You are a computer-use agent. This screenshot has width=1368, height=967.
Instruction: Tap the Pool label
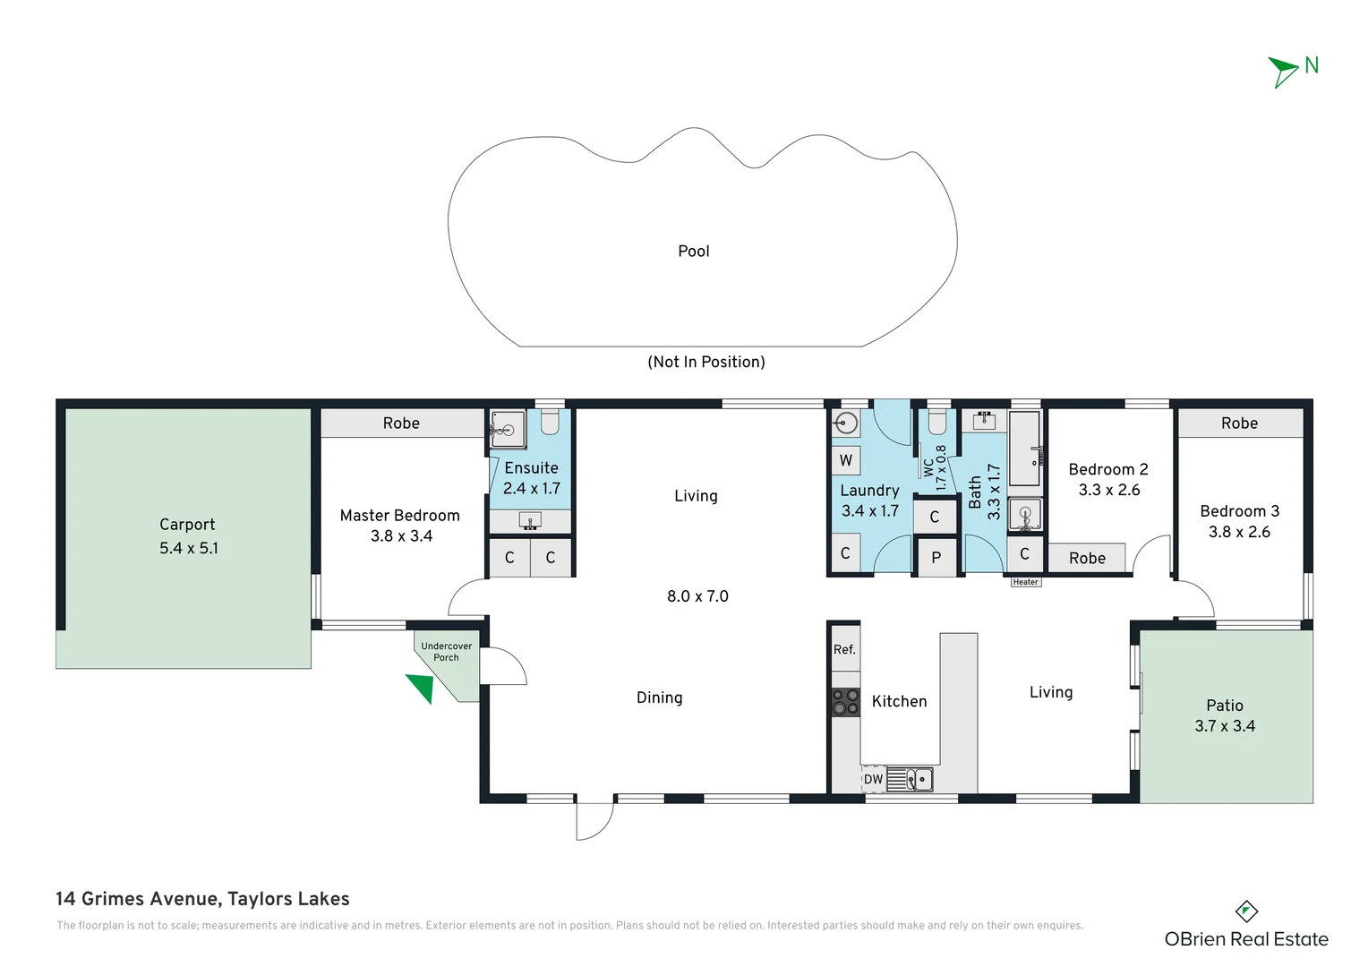[693, 252]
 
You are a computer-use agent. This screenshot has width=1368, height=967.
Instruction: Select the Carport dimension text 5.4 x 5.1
[189, 548]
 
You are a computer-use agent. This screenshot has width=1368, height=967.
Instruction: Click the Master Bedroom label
[399, 516]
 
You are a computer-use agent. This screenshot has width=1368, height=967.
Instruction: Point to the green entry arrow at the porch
[421, 687]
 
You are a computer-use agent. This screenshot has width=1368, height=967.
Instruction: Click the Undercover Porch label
[446, 652]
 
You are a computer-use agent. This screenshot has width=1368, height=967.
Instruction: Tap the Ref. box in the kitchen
[844, 650]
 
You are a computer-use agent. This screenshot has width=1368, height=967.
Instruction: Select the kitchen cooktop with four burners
[845, 702]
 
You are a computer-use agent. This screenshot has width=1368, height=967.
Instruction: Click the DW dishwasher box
[873, 780]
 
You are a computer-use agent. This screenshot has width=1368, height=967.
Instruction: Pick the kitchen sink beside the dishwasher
[911, 780]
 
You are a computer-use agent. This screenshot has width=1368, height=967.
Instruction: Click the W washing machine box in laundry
[846, 461]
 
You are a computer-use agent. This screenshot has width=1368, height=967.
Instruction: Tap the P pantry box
[936, 558]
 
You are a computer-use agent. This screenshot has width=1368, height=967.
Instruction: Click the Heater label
[1025, 582]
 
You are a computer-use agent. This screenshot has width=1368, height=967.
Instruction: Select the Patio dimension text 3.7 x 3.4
[1225, 726]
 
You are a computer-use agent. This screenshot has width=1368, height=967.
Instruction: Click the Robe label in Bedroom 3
[1239, 424]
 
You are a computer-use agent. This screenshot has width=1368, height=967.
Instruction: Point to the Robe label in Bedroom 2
[1087, 559]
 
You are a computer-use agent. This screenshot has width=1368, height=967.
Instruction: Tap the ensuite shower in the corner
[508, 429]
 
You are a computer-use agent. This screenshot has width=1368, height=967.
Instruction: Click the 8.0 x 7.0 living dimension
[697, 596]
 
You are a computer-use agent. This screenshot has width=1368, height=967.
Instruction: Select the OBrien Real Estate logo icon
[1246, 911]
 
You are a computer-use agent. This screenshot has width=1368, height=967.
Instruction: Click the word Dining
[659, 697]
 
